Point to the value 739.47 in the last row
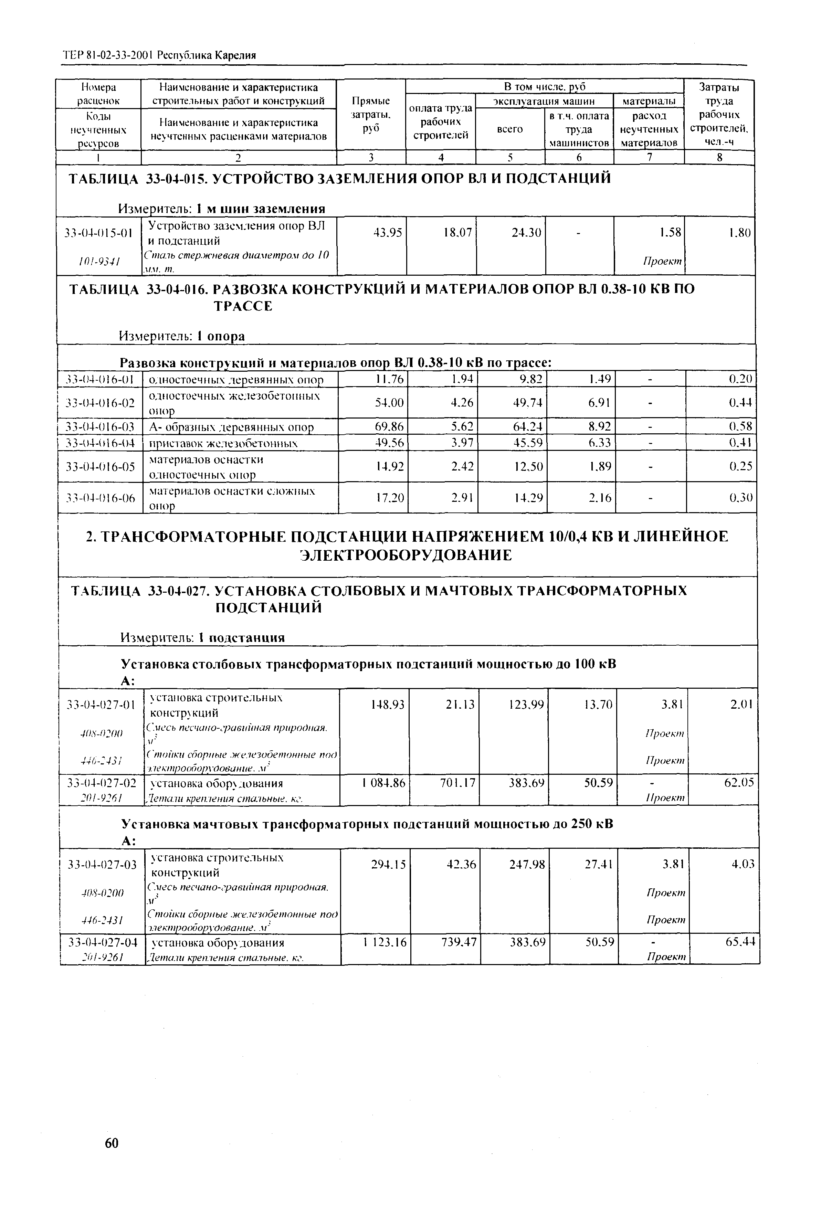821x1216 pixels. (459, 943)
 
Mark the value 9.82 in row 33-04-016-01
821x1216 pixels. (530, 379)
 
